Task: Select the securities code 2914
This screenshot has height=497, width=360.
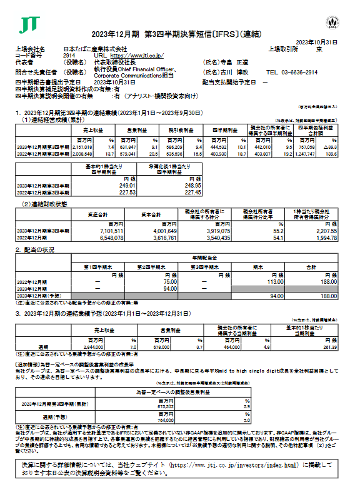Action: point(69,56)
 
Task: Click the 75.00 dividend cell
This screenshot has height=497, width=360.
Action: point(166,281)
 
